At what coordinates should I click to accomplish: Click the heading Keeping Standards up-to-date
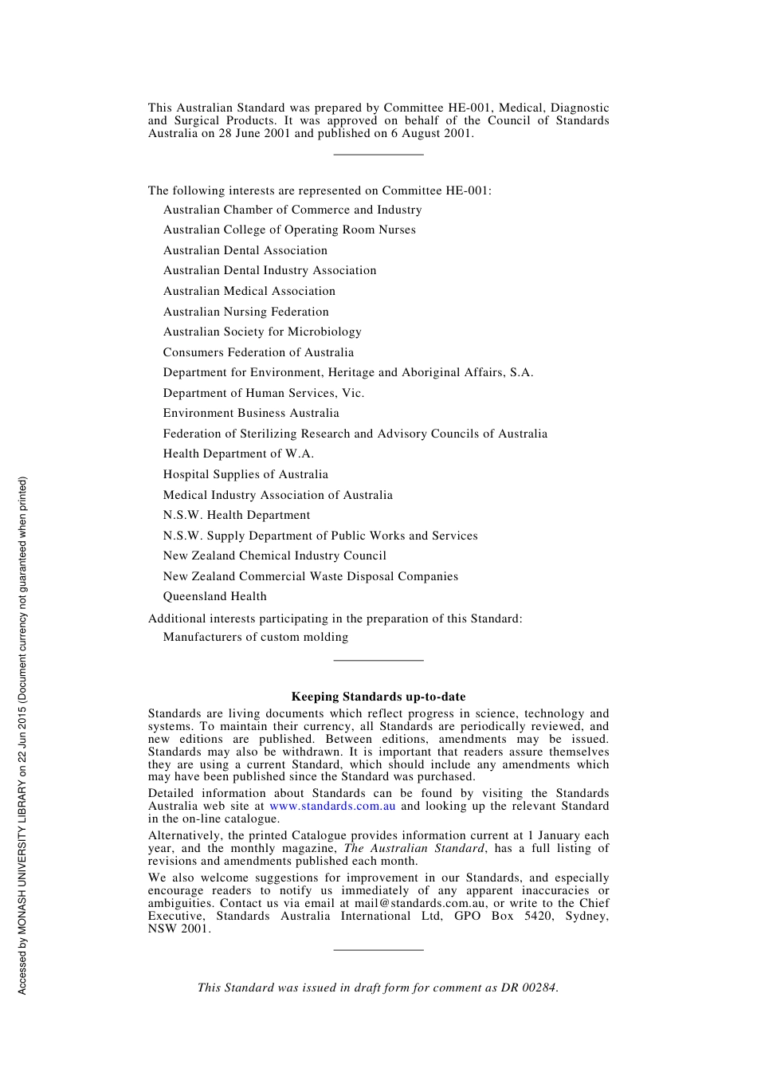[x=378, y=697]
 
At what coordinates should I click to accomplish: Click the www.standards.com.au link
[x=332, y=806]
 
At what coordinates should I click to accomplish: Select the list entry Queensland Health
[x=214, y=596]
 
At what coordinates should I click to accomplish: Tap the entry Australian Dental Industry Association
[x=269, y=270]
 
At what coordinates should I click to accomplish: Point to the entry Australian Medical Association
[x=249, y=291]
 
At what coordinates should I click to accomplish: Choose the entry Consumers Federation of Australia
[x=258, y=352]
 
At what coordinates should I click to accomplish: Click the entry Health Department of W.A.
[x=238, y=454]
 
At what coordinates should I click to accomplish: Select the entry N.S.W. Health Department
[x=236, y=515]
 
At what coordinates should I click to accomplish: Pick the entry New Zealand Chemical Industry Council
[x=274, y=556]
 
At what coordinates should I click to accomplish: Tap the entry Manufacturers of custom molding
[x=255, y=637]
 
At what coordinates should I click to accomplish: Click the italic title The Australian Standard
[x=414, y=848]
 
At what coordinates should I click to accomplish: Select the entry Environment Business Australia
[x=251, y=413]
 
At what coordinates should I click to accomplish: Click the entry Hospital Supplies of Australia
[x=245, y=474]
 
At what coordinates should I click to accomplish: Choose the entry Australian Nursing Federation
[x=245, y=312]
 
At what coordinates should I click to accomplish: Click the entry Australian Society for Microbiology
[x=262, y=332]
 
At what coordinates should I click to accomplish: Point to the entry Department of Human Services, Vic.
[x=263, y=393]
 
